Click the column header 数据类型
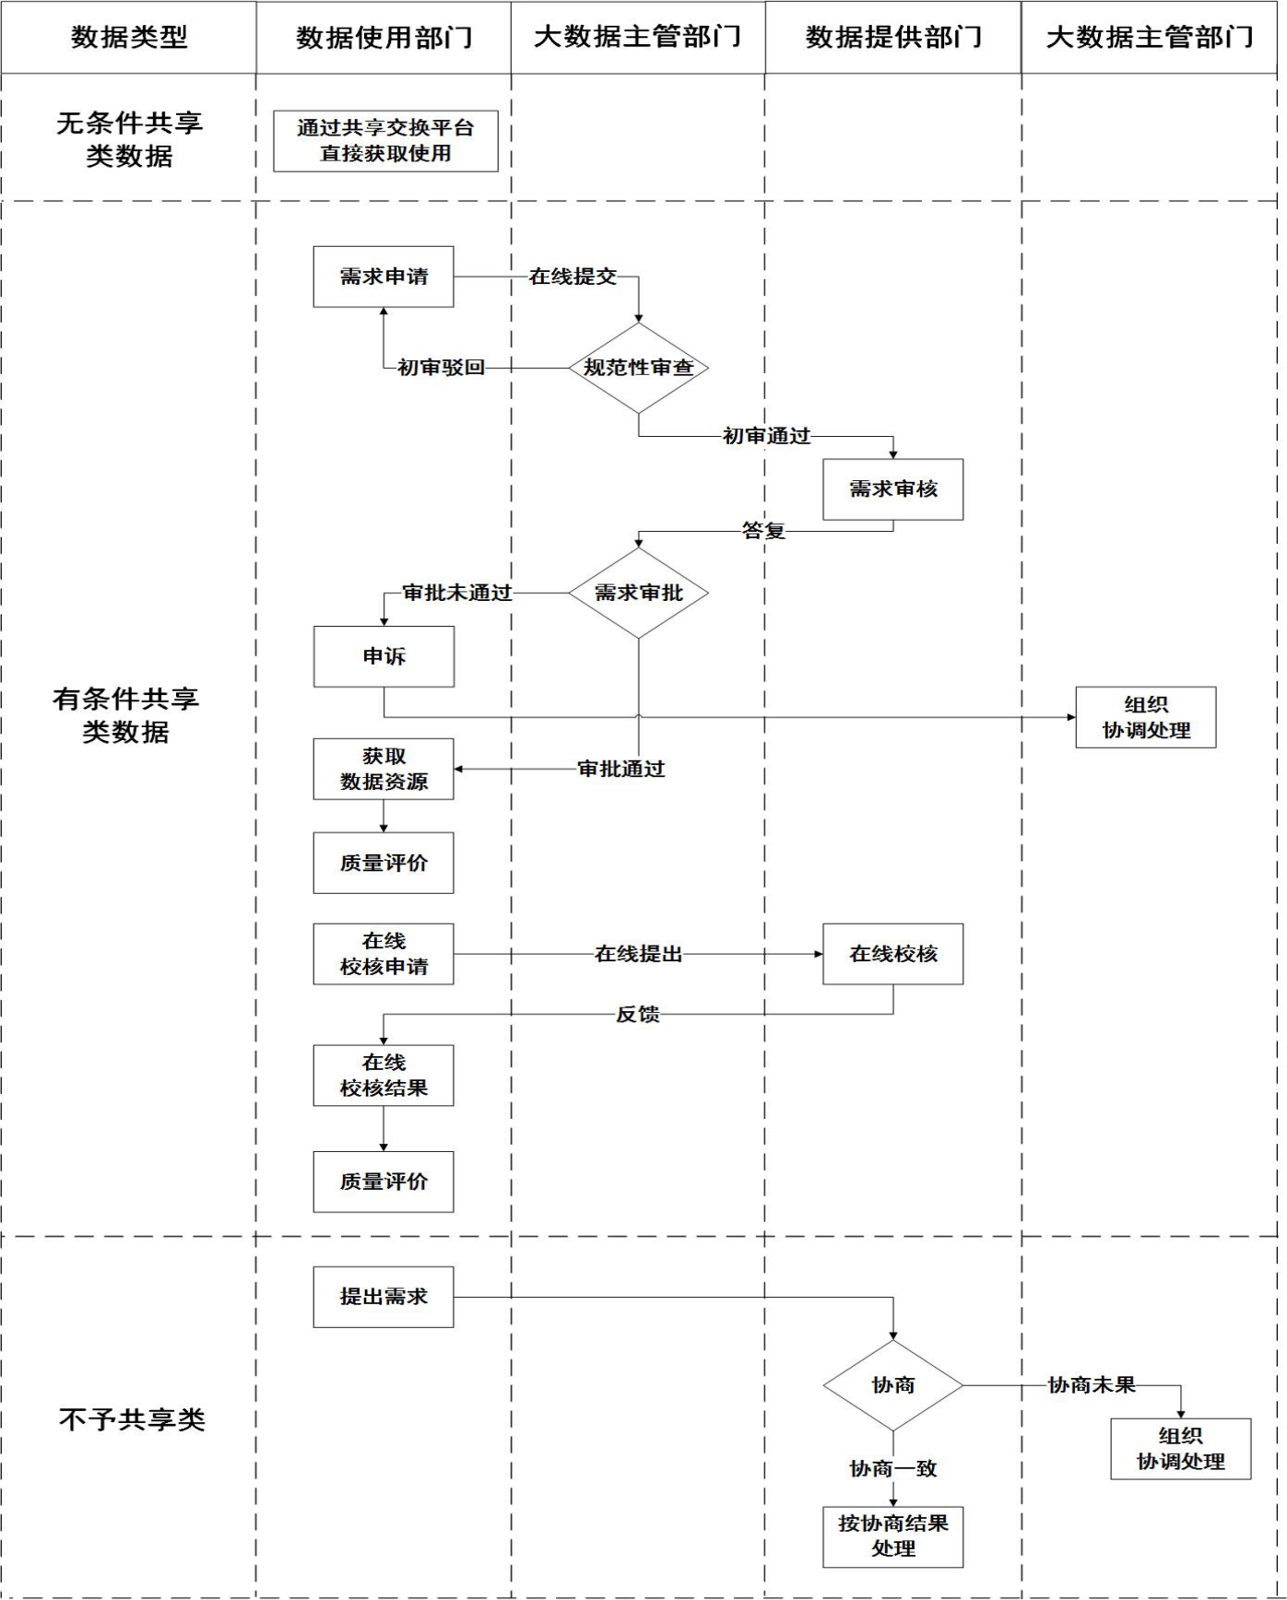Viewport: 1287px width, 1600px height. click(x=129, y=37)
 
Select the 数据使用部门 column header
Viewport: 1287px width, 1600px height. click(x=384, y=37)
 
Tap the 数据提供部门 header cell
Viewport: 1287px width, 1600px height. click(x=893, y=37)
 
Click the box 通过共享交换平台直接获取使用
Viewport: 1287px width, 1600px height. click(x=385, y=141)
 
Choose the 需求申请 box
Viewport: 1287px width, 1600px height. click(x=384, y=276)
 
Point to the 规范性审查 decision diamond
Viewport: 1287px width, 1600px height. click(x=639, y=368)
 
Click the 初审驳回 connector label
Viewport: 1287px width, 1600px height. click(x=441, y=368)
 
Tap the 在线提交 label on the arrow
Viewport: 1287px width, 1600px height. click(x=573, y=276)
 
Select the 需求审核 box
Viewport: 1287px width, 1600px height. click(x=893, y=489)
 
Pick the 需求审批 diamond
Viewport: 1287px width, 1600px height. click(x=639, y=593)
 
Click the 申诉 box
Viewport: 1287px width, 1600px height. click(x=384, y=656)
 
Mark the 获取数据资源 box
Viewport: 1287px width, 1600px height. click(x=384, y=769)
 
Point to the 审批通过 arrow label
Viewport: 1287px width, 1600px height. click(x=620, y=769)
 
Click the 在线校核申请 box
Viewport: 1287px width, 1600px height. click(x=384, y=954)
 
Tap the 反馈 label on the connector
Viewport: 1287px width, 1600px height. click(x=638, y=1015)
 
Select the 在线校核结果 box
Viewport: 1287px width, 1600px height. click(x=384, y=1076)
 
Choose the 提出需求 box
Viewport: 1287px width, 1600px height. click(x=384, y=1297)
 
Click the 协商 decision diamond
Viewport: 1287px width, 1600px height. click(x=893, y=1385)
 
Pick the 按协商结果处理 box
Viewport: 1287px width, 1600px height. click(x=893, y=1536)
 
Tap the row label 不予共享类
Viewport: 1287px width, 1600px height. click(x=132, y=1419)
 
